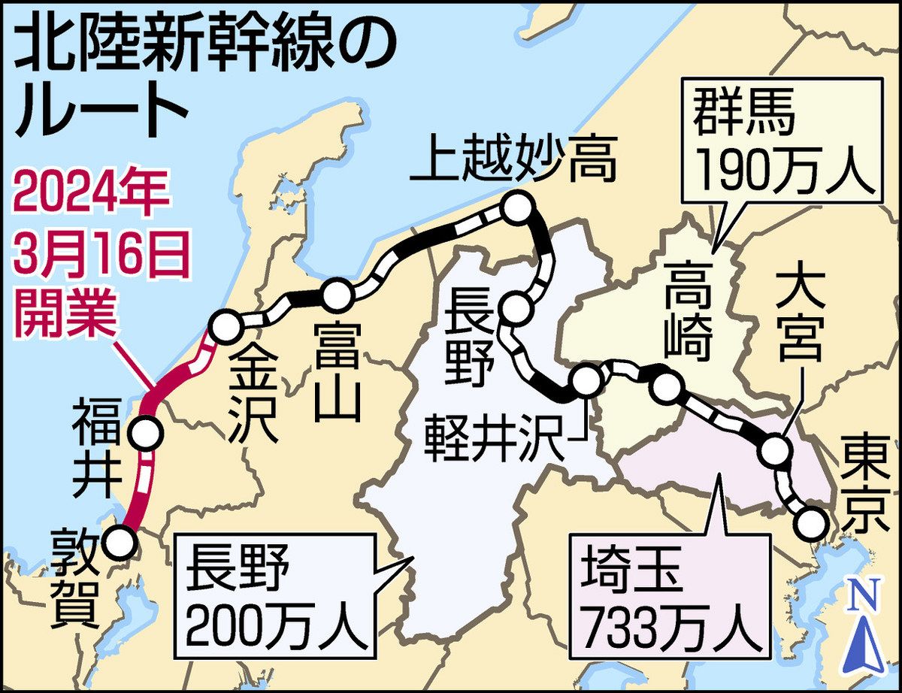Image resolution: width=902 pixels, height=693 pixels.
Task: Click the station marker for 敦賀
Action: [x=120, y=541]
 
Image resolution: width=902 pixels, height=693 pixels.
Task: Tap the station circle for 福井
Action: [x=145, y=433]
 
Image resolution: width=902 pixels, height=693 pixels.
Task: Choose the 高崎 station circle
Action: [x=664, y=389]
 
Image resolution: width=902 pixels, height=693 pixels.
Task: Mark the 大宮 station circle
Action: [x=775, y=452]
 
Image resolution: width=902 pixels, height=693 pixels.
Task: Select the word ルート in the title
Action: [x=101, y=110]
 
